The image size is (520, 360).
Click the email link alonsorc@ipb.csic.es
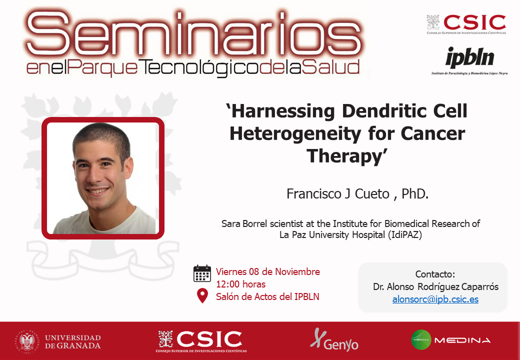point(435,299)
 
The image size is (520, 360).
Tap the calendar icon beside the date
point(202,273)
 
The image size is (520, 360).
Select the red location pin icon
point(202,295)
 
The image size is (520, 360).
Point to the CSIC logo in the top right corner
point(466,24)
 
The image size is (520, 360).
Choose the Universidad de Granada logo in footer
point(58,342)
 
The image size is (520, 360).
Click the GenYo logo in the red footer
point(334,340)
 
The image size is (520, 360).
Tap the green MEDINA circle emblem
point(421,340)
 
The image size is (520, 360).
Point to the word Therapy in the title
point(344,156)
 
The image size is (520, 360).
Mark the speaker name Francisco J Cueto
point(338,194)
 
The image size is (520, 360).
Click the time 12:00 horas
point(241,284)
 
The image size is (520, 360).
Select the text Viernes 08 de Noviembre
point(268,272)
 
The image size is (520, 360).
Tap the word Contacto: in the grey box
point(435,274)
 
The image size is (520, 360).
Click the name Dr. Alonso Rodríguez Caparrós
point(436,286)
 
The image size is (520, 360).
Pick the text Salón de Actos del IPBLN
point(267,296)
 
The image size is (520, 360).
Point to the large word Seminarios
point(194,34)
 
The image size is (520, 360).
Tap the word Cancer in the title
point(433,133)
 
